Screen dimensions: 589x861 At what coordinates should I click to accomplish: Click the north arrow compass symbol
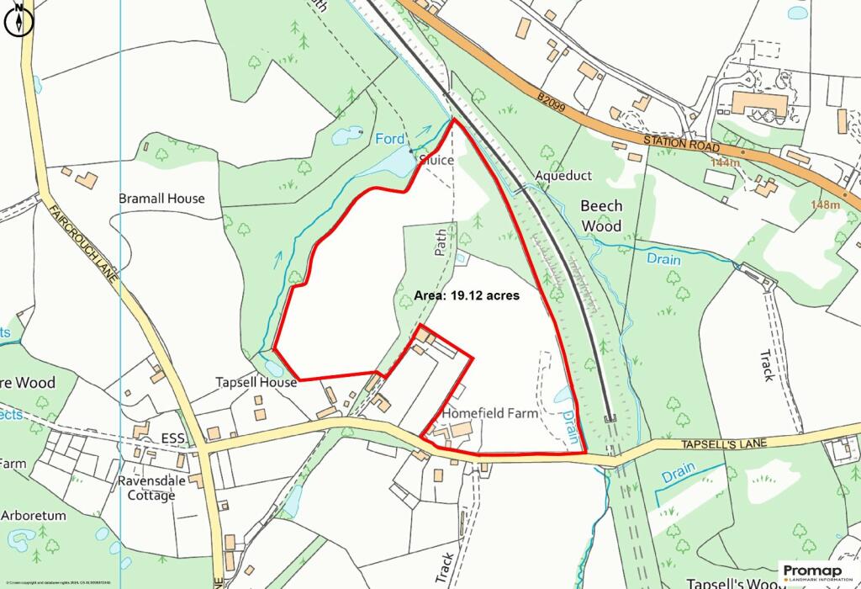(x=18, y=21)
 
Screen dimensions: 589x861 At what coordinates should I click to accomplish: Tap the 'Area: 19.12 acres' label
(x=467, y=296)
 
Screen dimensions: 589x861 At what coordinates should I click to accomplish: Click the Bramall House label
(x=162, y=199)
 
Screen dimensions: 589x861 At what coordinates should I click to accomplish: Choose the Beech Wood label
(x=602, y=215)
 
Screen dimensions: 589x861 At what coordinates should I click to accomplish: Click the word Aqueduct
(x=563, y=176)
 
